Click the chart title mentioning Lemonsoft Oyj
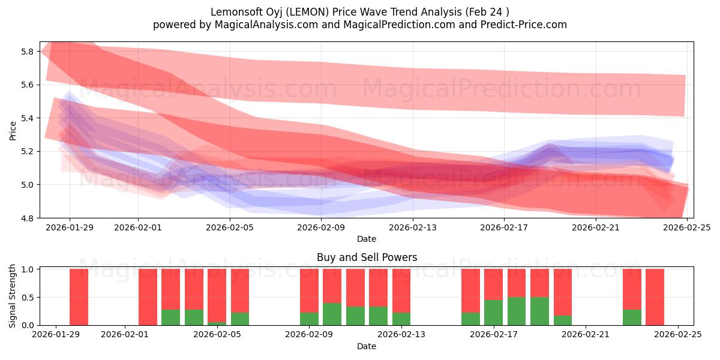359,12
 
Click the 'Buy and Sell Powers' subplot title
367,257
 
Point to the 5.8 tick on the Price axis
27,52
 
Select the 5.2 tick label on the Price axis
27,151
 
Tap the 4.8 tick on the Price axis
27,218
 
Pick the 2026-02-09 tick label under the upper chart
321,227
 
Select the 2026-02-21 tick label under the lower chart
584,335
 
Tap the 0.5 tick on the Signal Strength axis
27,297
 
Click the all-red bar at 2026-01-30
79,297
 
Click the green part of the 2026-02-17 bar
493,313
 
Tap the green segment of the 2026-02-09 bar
309,319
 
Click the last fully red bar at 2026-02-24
655,297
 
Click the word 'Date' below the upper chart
367,239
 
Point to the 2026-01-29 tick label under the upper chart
70,227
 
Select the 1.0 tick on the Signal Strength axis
27,269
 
